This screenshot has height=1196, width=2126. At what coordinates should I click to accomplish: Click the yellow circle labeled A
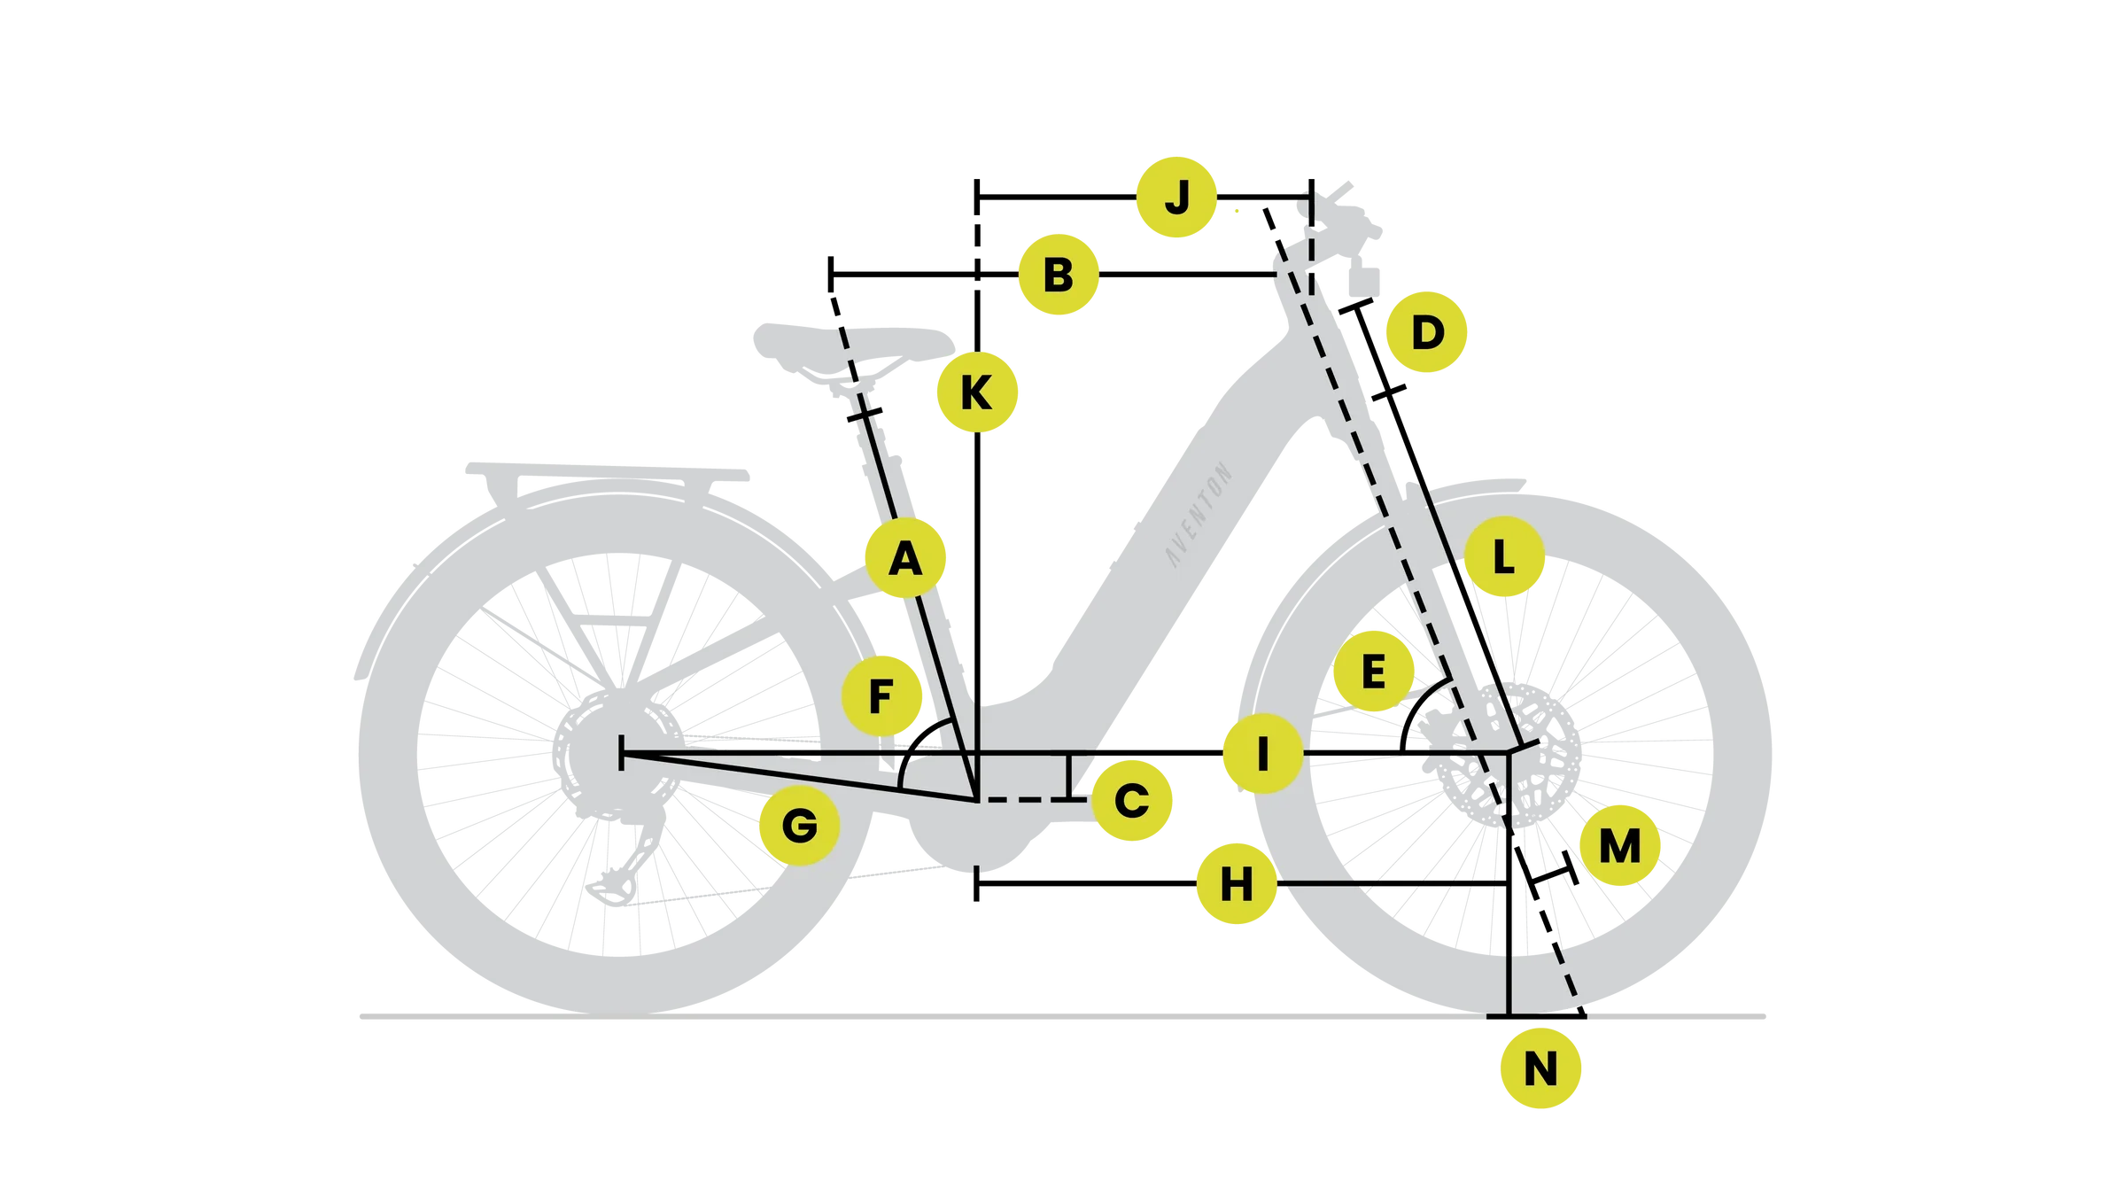click(x=905, y=559)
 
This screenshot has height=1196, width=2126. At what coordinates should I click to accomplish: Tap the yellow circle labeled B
click(x=1058, y=275)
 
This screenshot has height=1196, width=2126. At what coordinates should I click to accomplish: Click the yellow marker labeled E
click(x=1373, y=672)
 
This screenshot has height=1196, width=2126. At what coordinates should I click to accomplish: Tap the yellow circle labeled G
click(x=799, y=826)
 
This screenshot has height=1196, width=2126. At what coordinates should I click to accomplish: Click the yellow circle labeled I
click(x=1262, y=754)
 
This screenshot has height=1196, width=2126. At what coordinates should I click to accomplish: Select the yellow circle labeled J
click(x=1176, y=197)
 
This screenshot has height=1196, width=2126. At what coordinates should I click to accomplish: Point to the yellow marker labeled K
click(x=976, y=392)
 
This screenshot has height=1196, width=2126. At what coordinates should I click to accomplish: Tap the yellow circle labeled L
click(x=1503, y=559)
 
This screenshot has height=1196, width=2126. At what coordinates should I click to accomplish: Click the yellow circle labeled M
click(x=1619, y=846)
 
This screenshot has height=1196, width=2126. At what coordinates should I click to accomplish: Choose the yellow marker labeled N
click(x=1540, y=1069)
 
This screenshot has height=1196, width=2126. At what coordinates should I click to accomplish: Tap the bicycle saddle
click(x=850, y=350)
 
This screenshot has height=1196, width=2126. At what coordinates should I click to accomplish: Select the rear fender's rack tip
click(x=478, y=466)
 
